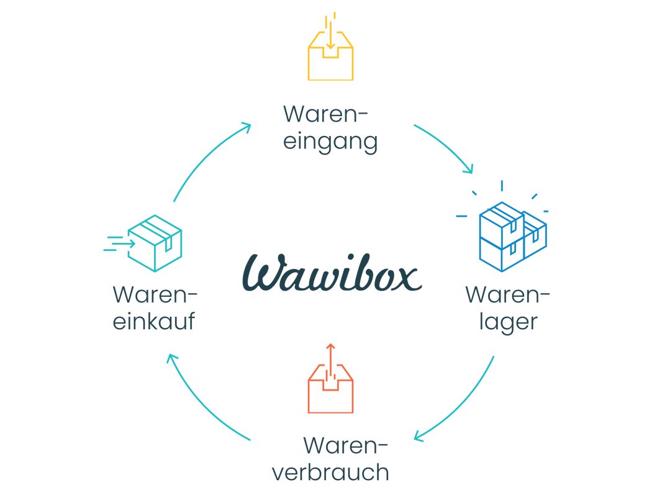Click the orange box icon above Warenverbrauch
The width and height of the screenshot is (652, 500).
tap(330, 385)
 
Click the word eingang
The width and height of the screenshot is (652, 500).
tap(330, 142)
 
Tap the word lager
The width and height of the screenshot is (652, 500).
tap(507, 322)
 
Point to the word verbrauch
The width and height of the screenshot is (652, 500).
tap(330, 473)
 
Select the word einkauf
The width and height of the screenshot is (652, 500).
tap(154, 322)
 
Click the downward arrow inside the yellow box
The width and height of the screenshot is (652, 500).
tap(331, 37)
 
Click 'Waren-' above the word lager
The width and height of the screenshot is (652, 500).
tap(507, 295)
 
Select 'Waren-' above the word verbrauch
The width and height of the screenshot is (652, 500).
tap(345, 445)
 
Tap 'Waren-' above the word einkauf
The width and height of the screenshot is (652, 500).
tap(155, 295)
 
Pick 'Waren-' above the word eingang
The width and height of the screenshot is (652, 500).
tap(325, 115)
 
